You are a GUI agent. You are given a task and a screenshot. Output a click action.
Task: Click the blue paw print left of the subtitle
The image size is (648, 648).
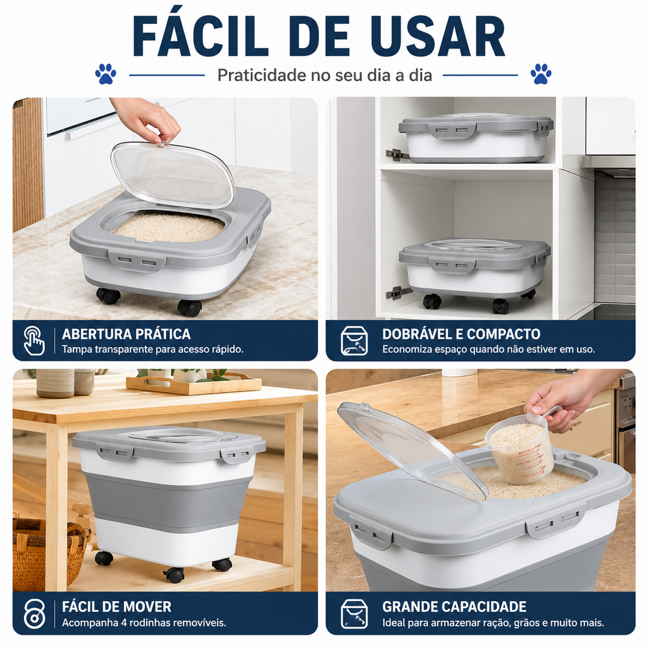[106, 74]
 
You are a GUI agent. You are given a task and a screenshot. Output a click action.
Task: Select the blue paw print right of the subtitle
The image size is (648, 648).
[541, 74]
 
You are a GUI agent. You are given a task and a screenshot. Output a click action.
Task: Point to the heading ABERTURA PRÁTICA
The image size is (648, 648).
[127, 334]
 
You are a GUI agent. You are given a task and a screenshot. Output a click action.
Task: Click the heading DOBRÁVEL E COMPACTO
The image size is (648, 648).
[461, 334]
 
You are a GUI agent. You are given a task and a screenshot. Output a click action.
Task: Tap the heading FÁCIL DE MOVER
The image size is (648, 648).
[116, 607]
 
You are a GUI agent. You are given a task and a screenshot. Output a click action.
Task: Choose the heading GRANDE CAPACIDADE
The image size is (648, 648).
[454, 607]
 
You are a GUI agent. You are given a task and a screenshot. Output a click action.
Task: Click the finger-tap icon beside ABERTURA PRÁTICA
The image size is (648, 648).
[34, 340]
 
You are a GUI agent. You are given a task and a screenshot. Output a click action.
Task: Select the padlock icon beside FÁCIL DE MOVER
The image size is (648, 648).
[34, 614]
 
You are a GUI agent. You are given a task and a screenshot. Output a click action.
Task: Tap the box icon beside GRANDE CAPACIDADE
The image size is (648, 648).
[354, 614]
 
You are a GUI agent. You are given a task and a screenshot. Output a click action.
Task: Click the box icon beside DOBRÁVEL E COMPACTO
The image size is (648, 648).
[354, 340]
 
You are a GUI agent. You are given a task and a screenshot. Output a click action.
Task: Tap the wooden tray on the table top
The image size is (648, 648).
[194, 383]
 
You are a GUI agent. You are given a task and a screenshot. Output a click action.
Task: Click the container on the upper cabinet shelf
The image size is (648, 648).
[476, 138]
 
